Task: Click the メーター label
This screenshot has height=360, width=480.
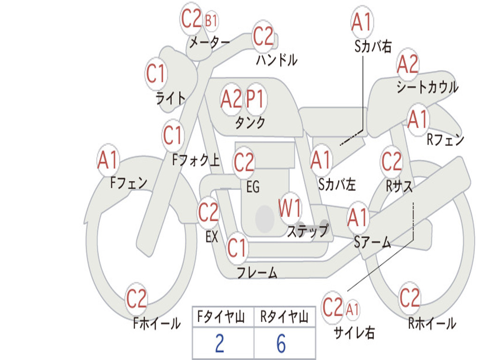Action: pos(209,43)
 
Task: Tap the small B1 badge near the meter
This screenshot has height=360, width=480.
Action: pos(211,21)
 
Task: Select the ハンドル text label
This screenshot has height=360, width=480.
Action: pos(277,60)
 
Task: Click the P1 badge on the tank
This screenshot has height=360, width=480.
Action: pos(255,99)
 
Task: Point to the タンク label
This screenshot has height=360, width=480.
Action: pos(250,122)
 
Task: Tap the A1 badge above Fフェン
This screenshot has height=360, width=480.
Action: pos(108,161)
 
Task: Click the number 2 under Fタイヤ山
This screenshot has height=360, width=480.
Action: pos(219,344)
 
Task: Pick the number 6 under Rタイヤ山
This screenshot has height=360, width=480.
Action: pos(281,344)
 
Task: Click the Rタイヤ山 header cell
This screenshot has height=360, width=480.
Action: pos(284,318)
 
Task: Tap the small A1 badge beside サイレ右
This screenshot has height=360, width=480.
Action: pos(353,309)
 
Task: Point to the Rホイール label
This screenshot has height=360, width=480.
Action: pos(432,323)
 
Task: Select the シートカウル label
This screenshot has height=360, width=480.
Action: pos(427,87)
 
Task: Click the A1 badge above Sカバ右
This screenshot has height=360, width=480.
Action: pos(361,22)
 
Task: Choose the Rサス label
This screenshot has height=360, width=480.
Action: pos(399,186)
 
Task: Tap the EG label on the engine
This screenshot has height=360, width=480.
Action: pos(253,187)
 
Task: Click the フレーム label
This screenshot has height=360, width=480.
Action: pos(257,272)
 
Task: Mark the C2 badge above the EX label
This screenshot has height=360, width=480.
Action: pos(209,213)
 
